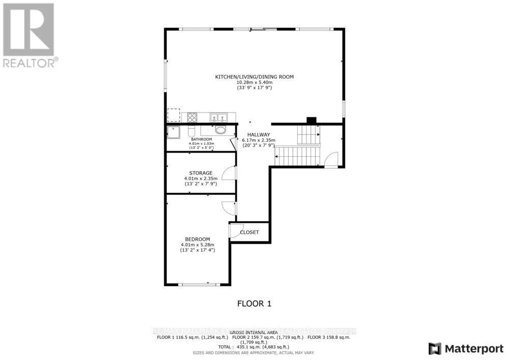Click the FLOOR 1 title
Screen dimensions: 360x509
[254, 304]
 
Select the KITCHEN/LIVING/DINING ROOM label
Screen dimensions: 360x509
[254, 77]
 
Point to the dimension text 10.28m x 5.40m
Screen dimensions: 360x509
[254, 82]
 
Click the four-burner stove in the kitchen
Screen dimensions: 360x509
[192, 117]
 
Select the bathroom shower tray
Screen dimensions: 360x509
[174, 132]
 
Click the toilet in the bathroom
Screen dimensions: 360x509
[191, 130]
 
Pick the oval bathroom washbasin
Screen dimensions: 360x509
[220, 130]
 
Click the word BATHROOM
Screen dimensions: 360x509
[201, 139]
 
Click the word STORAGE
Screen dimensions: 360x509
[201, 173]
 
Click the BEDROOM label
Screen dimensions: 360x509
[197, 239]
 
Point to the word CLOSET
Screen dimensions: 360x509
[249, 232]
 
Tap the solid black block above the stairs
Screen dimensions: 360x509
[311, 121]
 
